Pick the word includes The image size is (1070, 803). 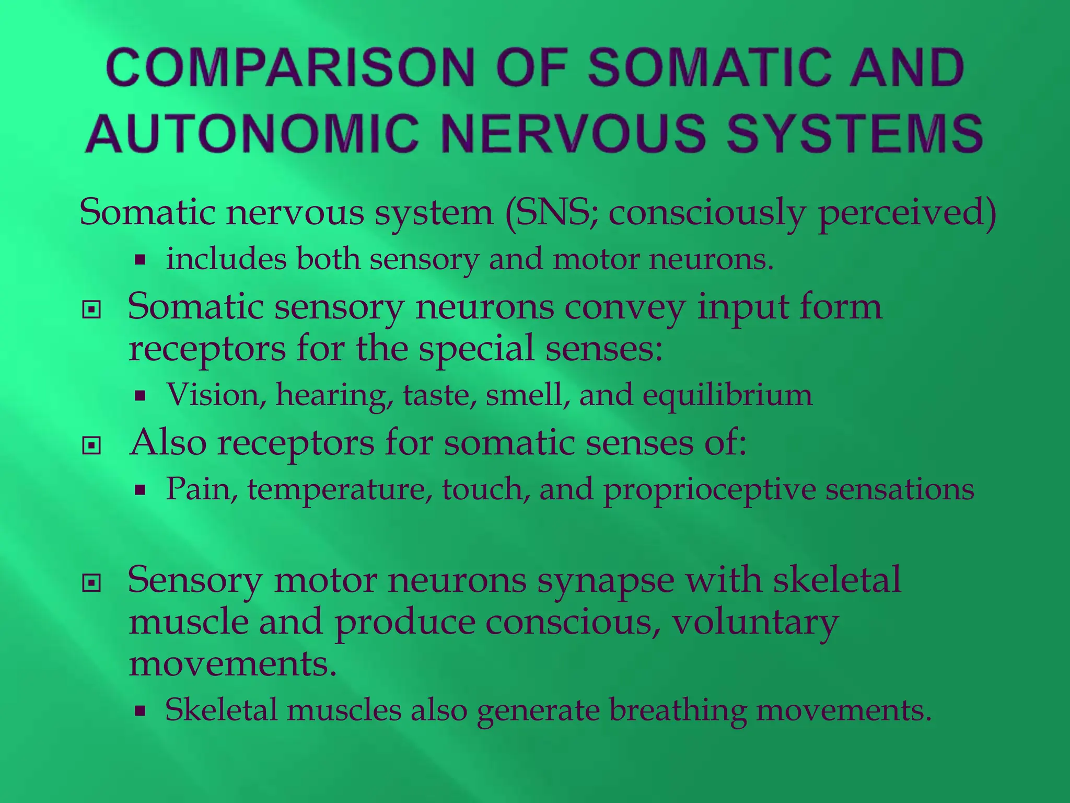(226, 259)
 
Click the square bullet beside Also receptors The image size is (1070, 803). (91, 446)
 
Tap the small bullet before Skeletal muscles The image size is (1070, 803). (139, 710)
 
